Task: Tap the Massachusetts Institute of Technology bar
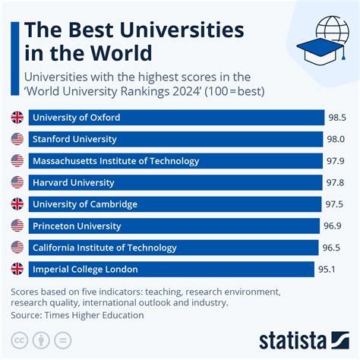[175, 161]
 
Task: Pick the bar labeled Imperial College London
[171, 269]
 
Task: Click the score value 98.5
[336, 118]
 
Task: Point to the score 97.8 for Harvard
[336, 182]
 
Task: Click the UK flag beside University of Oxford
[17, 118]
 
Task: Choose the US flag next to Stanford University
[17, 139]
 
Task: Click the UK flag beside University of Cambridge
[17, 204]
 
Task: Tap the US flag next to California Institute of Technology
[17, 248]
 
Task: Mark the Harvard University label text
[73, 182]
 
